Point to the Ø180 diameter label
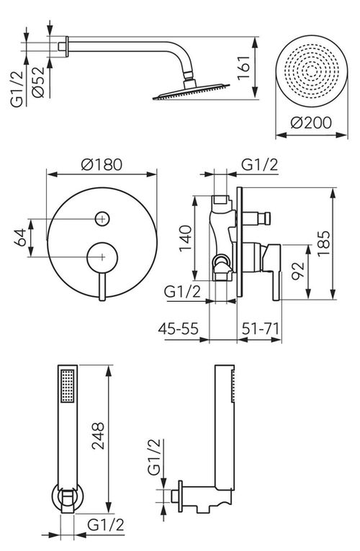(x=102, y=164)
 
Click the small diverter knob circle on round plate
(x=102, y=217)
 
